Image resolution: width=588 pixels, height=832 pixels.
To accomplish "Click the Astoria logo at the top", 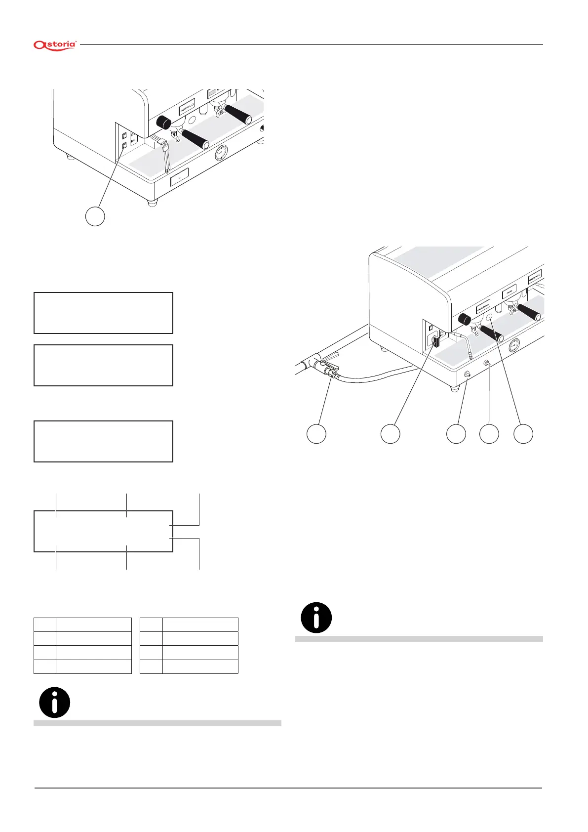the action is click(x=55, y=45).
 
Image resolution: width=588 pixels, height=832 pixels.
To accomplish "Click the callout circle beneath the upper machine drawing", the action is click(x=95, y=216).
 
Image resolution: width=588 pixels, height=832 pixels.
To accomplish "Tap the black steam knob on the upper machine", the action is click(x=163, y=122).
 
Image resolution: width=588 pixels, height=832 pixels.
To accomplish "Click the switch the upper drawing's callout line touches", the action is click(x=124, y=145).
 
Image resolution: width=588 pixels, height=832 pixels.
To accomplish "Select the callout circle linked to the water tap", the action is click(x=316, y=433).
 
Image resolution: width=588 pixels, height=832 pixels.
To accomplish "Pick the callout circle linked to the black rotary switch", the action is click(x=390, y=433).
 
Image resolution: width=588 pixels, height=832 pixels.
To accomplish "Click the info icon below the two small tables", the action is click(x=54, y=702).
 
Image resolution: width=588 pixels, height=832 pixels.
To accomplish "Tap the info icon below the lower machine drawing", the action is click(x=316, y=618).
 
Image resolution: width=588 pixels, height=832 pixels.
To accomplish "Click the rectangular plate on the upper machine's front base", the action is click(x=179, y=177).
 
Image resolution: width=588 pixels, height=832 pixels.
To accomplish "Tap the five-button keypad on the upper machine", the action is click(x=187, y=105).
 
